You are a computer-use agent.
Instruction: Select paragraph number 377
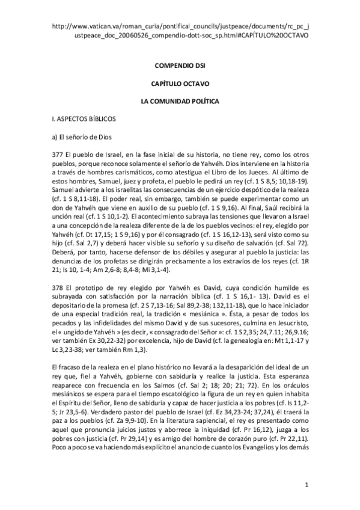coord(58,154)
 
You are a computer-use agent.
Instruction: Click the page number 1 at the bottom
coord(307,484)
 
